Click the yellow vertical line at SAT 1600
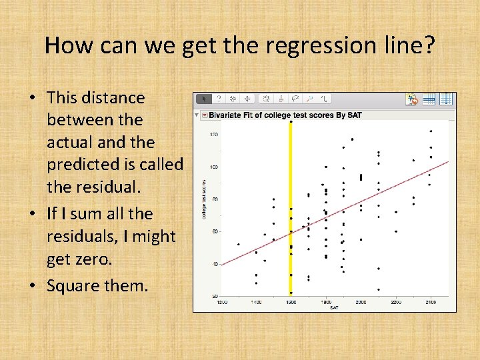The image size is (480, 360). [291, 200]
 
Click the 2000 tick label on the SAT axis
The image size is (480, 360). [361, 301]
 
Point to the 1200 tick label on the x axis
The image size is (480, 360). [221, 301]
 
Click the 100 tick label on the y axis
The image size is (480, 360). [215, 167]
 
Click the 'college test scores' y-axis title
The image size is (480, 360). [205, 199]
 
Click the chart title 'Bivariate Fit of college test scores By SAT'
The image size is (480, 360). [285, 115]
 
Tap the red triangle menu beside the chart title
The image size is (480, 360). [204, 115]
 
